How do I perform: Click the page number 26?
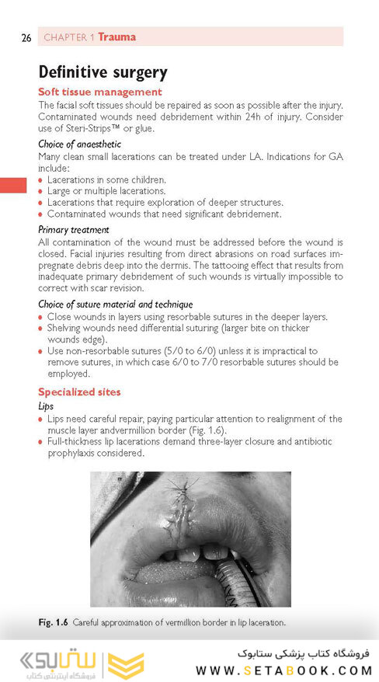pyautogui.click(x=26, y=37)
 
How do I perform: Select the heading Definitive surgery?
pyautogui.click(x=103, y=73)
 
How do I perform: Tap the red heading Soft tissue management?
pyautogui.click(x=100, y=92)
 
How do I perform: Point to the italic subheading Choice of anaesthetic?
pyautogui.click(x=80, y=144)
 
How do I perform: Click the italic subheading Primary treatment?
pyautogui.click(x=74, y=229)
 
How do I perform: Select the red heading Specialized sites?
pyautogui.click(x=79, y=391)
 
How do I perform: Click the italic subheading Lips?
pyautogui.click(x=46, y=405)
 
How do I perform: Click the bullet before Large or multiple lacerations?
pyautogui.click(x=41, y=191)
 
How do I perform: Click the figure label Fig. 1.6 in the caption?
pyautogui.click(x=56, y=622)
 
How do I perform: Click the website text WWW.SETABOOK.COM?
pyautogui.click(x=283, y=670)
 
